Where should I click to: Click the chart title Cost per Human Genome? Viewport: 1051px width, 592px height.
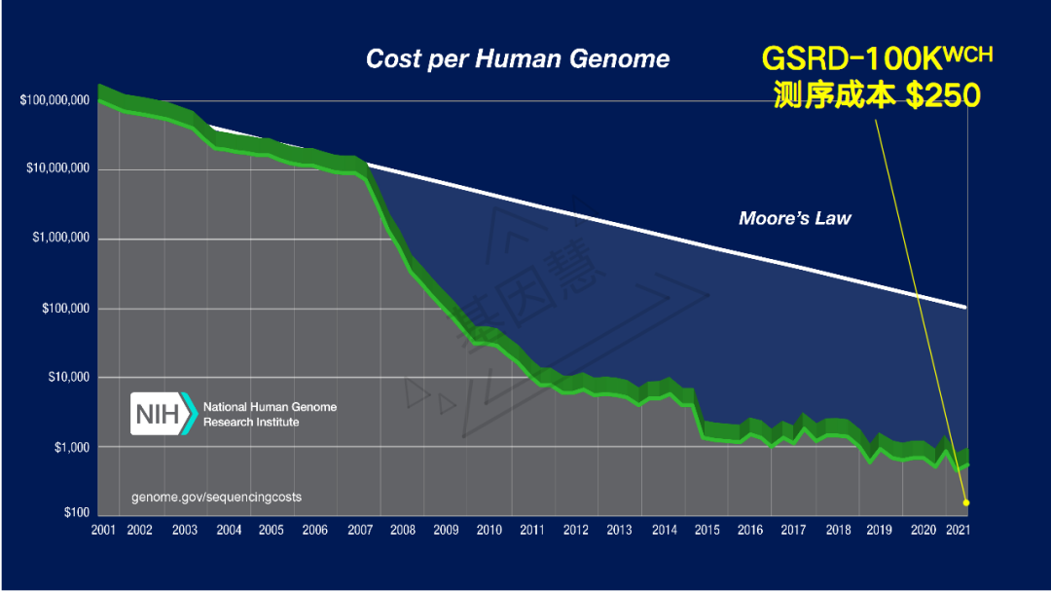517,58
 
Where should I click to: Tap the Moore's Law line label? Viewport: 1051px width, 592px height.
794,218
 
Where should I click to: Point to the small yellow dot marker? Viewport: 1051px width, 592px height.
966,502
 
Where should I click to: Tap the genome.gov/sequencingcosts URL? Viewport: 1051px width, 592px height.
216,497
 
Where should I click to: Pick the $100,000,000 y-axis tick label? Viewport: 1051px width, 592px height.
54,101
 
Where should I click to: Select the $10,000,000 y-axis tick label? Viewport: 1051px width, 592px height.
58,169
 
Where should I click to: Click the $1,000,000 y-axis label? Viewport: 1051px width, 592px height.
60,239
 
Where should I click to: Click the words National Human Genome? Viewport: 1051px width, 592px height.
270,407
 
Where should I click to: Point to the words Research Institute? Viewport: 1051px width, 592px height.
251,422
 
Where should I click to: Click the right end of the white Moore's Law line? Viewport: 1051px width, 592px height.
964,308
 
